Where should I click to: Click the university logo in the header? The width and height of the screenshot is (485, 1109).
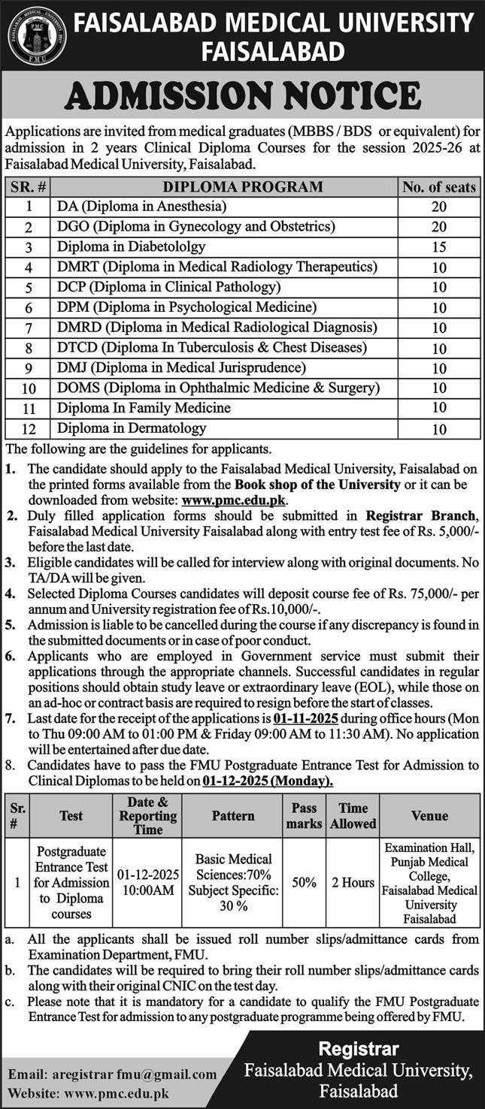(37, 35)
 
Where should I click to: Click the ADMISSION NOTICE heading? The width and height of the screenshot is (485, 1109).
(243, 96)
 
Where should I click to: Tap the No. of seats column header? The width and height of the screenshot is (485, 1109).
(439, 186)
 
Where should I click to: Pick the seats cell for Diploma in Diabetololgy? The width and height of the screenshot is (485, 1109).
(439, 246)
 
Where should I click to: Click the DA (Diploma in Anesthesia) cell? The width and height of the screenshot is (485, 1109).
(142, 206)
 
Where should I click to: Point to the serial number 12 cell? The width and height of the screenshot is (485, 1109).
(29, 429)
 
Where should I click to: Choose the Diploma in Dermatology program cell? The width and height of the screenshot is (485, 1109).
(132, 428)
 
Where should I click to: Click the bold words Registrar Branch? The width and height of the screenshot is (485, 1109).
(421, 515)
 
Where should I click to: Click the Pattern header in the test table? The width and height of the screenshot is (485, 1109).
(233, 815)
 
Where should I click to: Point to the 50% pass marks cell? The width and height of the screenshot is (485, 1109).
(305, 883)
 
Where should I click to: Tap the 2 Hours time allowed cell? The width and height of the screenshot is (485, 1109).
(353, 883)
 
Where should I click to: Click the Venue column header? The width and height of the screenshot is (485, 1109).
(429, 815)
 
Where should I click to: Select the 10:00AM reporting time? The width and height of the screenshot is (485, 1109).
(147, 890)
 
